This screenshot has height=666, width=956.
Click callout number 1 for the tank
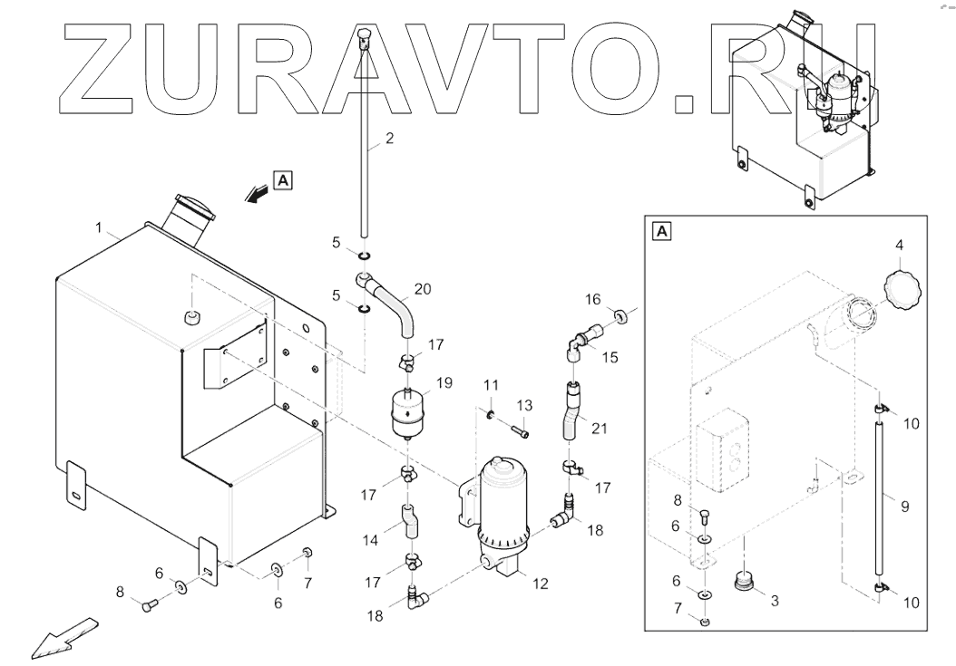101,224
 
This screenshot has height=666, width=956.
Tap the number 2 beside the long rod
389,139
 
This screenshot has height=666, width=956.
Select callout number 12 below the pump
541,584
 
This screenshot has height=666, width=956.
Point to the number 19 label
444,383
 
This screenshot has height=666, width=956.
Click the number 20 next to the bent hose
423,290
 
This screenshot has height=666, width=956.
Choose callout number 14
372,540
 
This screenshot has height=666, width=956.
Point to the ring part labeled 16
619,317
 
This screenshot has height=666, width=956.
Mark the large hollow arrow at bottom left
63,637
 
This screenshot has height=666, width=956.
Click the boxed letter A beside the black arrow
284,180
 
